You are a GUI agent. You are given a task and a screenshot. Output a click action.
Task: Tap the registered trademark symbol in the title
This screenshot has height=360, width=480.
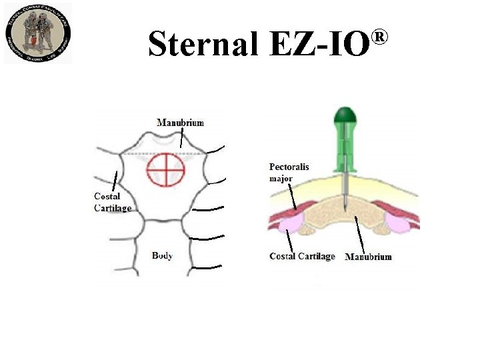pos(379,37)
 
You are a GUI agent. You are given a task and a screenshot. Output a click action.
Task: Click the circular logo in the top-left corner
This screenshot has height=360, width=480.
pos(38,33)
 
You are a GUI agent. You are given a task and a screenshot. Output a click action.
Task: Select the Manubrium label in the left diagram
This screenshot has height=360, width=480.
pos(180,122)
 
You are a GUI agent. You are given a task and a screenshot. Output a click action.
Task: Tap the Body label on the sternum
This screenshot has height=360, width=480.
pos(162,255)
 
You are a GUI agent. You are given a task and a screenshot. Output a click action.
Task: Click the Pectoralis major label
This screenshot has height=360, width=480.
pos(289,172)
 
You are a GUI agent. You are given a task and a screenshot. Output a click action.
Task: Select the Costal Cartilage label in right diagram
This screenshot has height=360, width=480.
pos(301,256)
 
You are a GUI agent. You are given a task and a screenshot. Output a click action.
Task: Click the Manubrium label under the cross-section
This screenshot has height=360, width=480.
pos(368,256)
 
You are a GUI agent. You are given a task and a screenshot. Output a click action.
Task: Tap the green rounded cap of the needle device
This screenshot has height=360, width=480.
pos(346,119)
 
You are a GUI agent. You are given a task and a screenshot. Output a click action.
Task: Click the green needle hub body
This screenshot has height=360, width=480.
pos(346,150)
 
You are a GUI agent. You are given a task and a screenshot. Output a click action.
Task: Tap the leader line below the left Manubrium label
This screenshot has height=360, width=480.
pos(180,137)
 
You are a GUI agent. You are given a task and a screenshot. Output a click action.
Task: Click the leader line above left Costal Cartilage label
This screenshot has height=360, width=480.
pos(115,181)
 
